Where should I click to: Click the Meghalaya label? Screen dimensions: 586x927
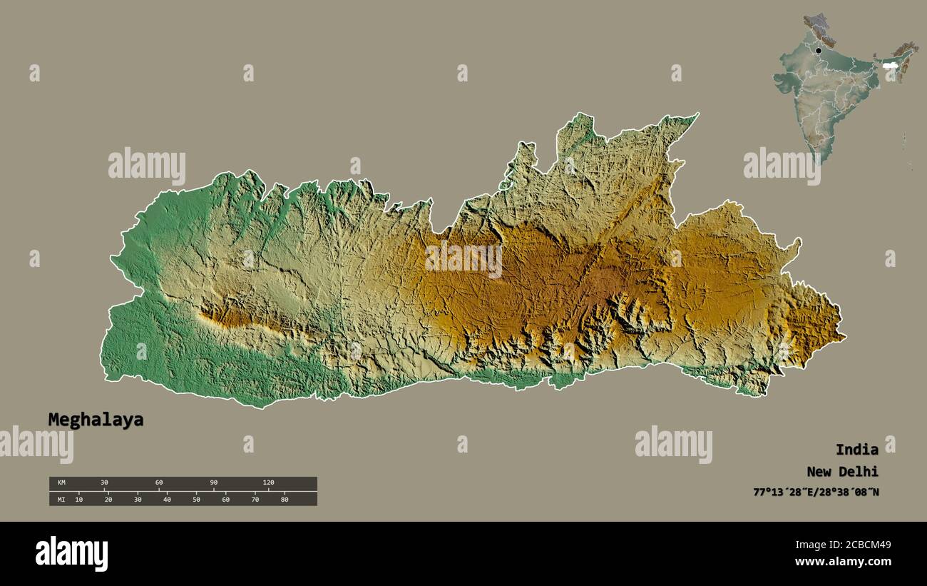pos(96,420)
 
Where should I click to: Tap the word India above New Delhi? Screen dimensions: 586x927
pos(856,450)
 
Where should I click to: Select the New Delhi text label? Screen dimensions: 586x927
pos(842,471)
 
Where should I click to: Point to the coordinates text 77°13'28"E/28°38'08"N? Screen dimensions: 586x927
pos(816,492)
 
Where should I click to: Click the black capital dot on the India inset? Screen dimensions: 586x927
pos(818,51)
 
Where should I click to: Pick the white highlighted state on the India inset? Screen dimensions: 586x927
pos(888,66)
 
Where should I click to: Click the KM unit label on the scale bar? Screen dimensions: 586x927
pos(61,483)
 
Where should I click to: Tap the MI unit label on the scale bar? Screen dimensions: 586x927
pos(61,499)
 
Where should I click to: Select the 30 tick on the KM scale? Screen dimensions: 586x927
pos(104,483)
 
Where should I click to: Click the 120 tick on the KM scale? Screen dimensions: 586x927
pos(268,483)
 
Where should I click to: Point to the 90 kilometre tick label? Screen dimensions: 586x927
pos(213,483)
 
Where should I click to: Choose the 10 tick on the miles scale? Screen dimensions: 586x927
pos(78,499)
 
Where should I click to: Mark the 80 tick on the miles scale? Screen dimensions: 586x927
pos(284,499)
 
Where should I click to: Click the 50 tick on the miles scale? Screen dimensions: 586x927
pos(196,499)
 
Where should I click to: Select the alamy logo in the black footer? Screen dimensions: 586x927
pos(71,554)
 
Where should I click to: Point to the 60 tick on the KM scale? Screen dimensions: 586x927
pos(159,483)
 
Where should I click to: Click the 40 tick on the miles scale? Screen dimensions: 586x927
pos(167,499)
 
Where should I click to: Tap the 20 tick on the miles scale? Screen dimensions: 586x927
pos(108,499)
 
